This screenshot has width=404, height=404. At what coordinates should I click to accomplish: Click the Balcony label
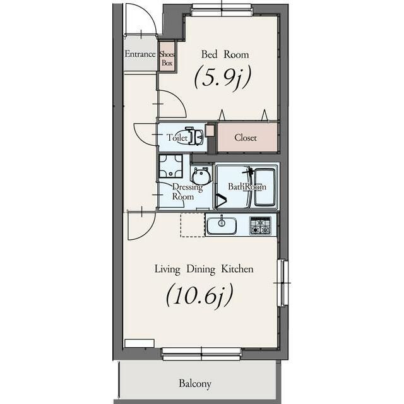click(195, 384)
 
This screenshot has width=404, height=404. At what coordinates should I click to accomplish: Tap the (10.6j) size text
click(199, 295)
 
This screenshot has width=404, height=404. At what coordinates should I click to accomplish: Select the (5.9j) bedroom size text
click(222, 78)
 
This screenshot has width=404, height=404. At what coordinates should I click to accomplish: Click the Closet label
click(246, 138)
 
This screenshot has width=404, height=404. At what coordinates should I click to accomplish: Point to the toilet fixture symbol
click(194, 136)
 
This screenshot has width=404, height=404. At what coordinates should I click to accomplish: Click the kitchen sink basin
click(222, 225)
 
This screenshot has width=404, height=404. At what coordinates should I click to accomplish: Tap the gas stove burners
click(261, 226)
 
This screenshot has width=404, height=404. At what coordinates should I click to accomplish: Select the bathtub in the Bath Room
click(264, 187)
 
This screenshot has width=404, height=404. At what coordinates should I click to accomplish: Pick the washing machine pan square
click(170, 166)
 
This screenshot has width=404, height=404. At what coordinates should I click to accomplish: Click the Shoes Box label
click(167, 58)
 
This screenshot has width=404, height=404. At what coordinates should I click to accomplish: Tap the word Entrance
click(140, 54)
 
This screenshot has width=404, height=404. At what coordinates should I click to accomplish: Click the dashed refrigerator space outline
click(193, 225)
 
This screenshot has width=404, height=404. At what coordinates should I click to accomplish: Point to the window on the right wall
click(283, 283)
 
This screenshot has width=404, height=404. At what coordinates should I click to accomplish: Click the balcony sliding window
click(201, 354)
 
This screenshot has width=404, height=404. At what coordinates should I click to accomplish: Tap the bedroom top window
click(222, 10)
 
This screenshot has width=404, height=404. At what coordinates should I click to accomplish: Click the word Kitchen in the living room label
click(237, 269)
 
